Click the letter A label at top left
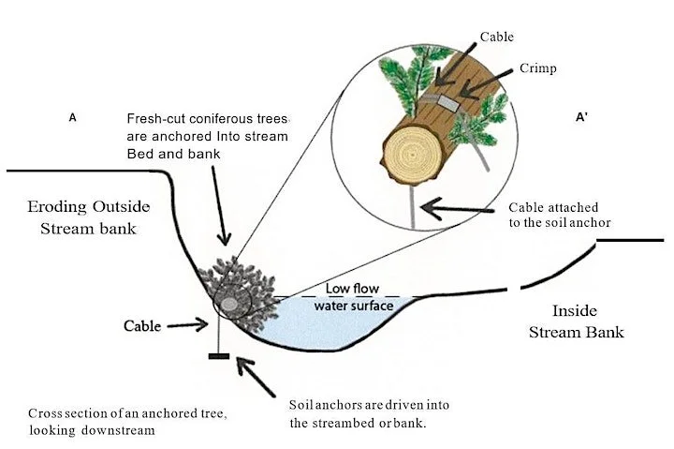pyautogui.click(x=72, y=118)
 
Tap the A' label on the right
pyautogui.click(x=581, y=118)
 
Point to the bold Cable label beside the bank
pyautogui.click(x=143, y=326)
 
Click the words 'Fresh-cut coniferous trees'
pyautogui.click(x=209, y=120)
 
